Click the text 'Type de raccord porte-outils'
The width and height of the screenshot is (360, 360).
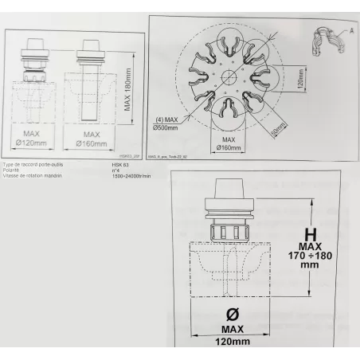[x=34, y=164]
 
